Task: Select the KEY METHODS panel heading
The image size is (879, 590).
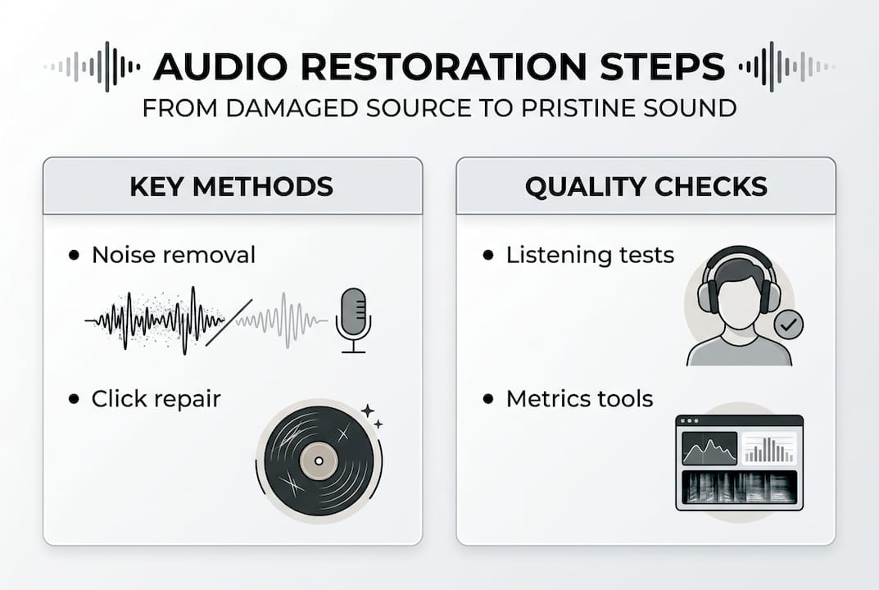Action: pyautogui.click(x=232, y=186)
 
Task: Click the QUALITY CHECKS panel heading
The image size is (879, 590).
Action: pyautogui.click(x=646, y=186)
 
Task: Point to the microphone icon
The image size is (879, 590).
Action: pyautogui.click(x=353, y=319)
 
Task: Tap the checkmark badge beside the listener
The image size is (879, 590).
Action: pyautogui.click(x=788, y=324)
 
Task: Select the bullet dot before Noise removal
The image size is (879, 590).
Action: pyautogui.click(x=75, y=256)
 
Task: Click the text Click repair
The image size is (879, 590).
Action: pyautogui.click(x=156, y=399)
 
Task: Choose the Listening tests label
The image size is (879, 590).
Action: pyautogui.click(x=590, y=255)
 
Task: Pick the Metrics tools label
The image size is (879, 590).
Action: pyautogui.click(x=579, y=399)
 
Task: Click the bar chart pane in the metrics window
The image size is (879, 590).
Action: pyautogui.click(x=768, y=448)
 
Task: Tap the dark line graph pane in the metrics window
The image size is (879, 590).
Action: pyautogui.click(x=709, y=448)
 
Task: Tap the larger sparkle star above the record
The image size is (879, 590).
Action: pyautogui.click(x=368, y=410)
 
